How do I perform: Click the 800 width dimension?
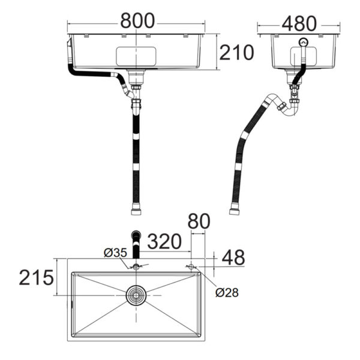(137, 20)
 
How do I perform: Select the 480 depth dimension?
(299, 23)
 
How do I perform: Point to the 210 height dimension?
(236, 52)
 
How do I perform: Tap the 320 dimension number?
(164, 241)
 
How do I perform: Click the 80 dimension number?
(199, 221)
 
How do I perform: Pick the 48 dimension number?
(233, 257)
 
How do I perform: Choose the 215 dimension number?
(36, 277)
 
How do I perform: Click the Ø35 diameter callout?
(115, 253)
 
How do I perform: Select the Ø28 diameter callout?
(227, 293)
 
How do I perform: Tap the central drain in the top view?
(136, 295)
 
